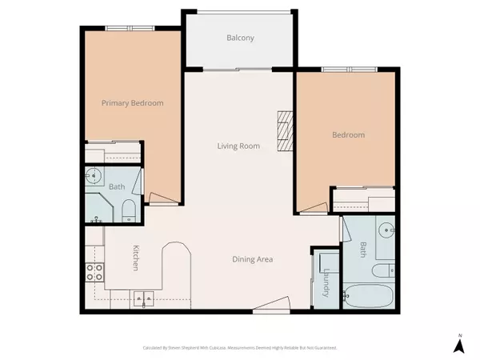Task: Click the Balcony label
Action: pyautogui.click(x=240, y=38)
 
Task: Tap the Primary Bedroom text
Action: pyautogui.click(x=132, y=103)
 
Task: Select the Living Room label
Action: pyautogui.click(x=239, y=146)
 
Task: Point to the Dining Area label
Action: pyautogui.click(x=253, y=259)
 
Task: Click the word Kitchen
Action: pyautogui.click(x=137, y=257)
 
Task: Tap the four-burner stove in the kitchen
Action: pyautogui.click(x=95, y=271)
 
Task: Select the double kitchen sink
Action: pyautogui.click(x=145, y=300)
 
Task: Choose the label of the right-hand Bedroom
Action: pyautogui.click(x=348, y=135)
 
